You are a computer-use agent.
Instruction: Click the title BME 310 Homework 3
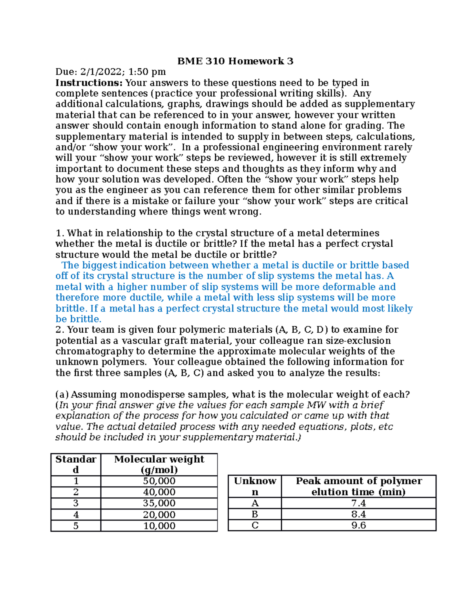tap(235, 61)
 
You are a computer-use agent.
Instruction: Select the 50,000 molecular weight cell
tap(159, 481)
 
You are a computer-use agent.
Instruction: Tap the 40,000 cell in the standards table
tap(159, 492)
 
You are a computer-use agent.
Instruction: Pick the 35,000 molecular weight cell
tap(159, 503)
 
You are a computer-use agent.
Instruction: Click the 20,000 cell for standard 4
tap(159, 515)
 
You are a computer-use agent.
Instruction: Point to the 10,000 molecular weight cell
tap(159, 526)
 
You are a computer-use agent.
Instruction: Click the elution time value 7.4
tap(358, 503)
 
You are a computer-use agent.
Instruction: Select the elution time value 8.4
tap(358, 514)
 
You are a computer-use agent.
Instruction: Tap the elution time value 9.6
tap(358, 525)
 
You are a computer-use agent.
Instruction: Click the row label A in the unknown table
tap(255, 503)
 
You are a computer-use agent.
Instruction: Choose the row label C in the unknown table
tap(255, 525)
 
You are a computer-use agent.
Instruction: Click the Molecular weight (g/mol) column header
tap(159, 464)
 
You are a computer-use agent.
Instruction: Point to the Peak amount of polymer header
tap(358, 481)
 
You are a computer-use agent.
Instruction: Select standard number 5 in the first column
tap(76, 526)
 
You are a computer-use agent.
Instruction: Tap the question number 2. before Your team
tap(60, 330)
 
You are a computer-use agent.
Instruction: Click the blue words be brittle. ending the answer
tap(78, 319)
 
